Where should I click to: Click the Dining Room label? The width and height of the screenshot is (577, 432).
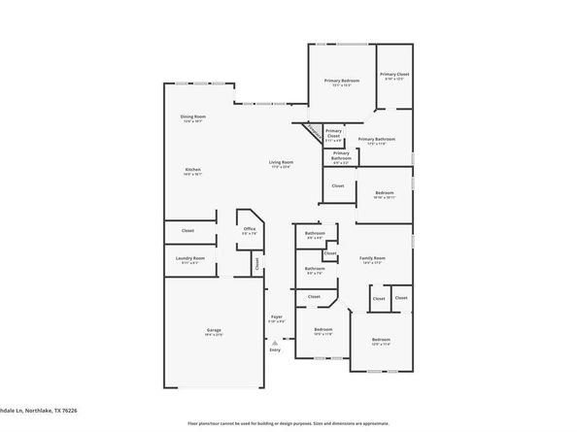click(191, 117)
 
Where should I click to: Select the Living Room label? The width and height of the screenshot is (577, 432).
click(281, 162)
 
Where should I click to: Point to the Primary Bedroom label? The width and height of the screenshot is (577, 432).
click(341, 82)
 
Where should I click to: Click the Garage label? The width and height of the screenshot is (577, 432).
click(214, 331)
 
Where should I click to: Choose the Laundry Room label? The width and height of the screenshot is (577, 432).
click(189, 258)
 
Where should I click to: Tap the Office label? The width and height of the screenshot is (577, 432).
click(250, 229)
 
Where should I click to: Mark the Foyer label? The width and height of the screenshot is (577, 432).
click(276, 317)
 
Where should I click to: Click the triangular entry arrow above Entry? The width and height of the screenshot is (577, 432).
click(275, 341)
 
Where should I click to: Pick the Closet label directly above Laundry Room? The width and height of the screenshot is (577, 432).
click(187, 230)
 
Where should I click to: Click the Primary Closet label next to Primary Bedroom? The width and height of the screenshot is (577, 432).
click(393, 75)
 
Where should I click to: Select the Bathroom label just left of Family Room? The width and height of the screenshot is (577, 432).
click(315, 233)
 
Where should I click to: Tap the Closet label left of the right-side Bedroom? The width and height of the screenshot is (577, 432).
click(338, 185)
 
